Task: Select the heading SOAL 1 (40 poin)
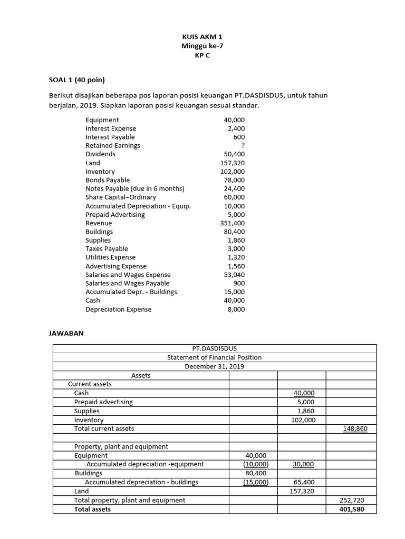pyautogui.click(x=77, y=80)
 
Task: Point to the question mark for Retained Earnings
pyautogui.click(x=243, y=146)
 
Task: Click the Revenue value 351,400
pyautogui.click(x=233, y=223)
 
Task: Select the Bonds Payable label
pyautogui.click(x=108, y=180)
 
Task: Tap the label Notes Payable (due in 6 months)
pyautogui.click(x=135, y=188)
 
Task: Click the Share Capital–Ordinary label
pyautogui.click(x=121, y=197)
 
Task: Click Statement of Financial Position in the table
pyautogui.click(x=214, y=357)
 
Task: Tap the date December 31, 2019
pyautogui.click(x=214, y=366)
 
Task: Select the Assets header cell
pyautogui.click(x=141, y=375)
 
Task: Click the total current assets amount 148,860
pyautogui.click(x=355, y=429)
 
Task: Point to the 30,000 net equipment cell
pyautogui.click(x=303, y=464)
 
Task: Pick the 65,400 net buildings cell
pyautogui.click(x=305, y=482)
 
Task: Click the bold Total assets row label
pyautogui.click(x=92, y=509)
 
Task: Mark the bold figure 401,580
pyautogui.click(x=352, y=509)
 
